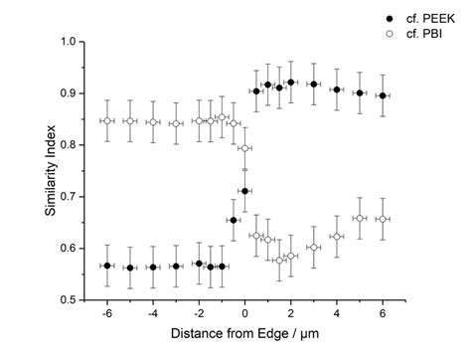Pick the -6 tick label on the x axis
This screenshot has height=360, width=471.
tap(105, 312)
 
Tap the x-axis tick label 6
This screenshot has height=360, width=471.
tap(383, 312)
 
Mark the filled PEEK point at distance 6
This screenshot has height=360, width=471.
tap(383, 95)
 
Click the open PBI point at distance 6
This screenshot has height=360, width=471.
tap(383, 219)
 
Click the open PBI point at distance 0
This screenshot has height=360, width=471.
tap(244, 148)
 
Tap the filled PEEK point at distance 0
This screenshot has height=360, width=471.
tap(244, 191)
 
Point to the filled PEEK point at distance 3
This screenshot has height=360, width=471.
tap(314, 85)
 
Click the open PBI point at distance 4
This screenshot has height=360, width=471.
tap(337, 237)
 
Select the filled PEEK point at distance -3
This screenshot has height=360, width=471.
tap(176, 267)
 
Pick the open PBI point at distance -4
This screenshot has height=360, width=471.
tap(153, 122)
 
